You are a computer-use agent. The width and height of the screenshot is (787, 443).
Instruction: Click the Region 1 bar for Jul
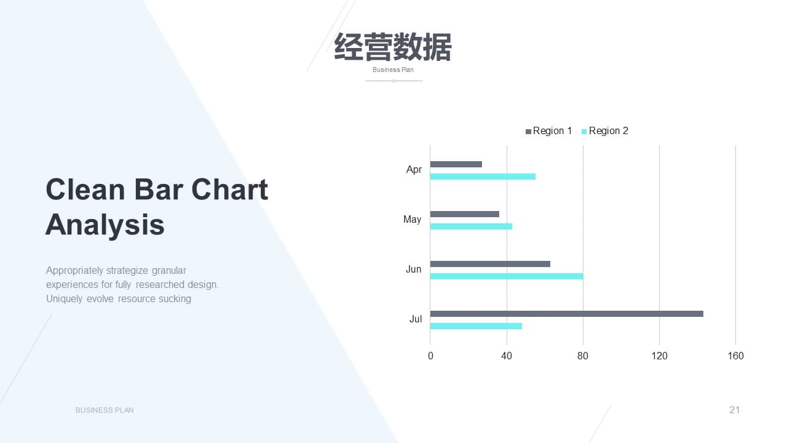tap(567, 314)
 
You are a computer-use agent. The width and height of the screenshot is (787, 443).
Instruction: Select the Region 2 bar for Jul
tap(476, 326)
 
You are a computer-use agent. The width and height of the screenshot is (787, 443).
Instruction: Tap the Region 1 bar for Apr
tap(456, 164)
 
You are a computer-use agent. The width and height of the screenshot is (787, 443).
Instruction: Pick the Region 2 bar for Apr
tap(483, 177)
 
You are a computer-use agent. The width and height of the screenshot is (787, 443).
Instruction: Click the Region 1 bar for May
tap(464, 214)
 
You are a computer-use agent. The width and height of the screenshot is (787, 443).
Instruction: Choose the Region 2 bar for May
tap(471, 226)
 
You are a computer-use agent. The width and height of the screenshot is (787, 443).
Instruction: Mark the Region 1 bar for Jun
tap(490, 264)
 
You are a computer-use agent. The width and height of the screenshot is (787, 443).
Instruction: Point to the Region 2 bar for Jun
tap(507, 276)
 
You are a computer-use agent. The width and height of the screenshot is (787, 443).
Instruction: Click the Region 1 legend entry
tap(548, 131)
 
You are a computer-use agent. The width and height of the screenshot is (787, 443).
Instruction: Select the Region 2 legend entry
tap(604, 131)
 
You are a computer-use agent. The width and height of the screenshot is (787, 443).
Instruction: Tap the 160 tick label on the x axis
tap(735, 356)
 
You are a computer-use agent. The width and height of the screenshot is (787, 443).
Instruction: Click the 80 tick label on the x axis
tap(582, 356)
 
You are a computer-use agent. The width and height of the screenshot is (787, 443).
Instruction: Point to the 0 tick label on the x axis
tap(430, 356)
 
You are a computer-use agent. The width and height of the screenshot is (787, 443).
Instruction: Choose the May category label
tap(412, 220)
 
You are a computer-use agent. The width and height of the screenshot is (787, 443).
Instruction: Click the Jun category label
tap(414, 269)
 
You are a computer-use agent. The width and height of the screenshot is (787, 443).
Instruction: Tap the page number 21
tap(734, 410)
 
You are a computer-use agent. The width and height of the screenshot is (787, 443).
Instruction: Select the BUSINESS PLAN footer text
tap(105, 410)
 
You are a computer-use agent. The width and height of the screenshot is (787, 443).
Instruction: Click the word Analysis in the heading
tap(105, 225)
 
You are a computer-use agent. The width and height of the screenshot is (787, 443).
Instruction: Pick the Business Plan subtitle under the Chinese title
tap(393, 70)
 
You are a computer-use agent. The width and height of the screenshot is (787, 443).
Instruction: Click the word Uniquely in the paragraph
tap(64, 299)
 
